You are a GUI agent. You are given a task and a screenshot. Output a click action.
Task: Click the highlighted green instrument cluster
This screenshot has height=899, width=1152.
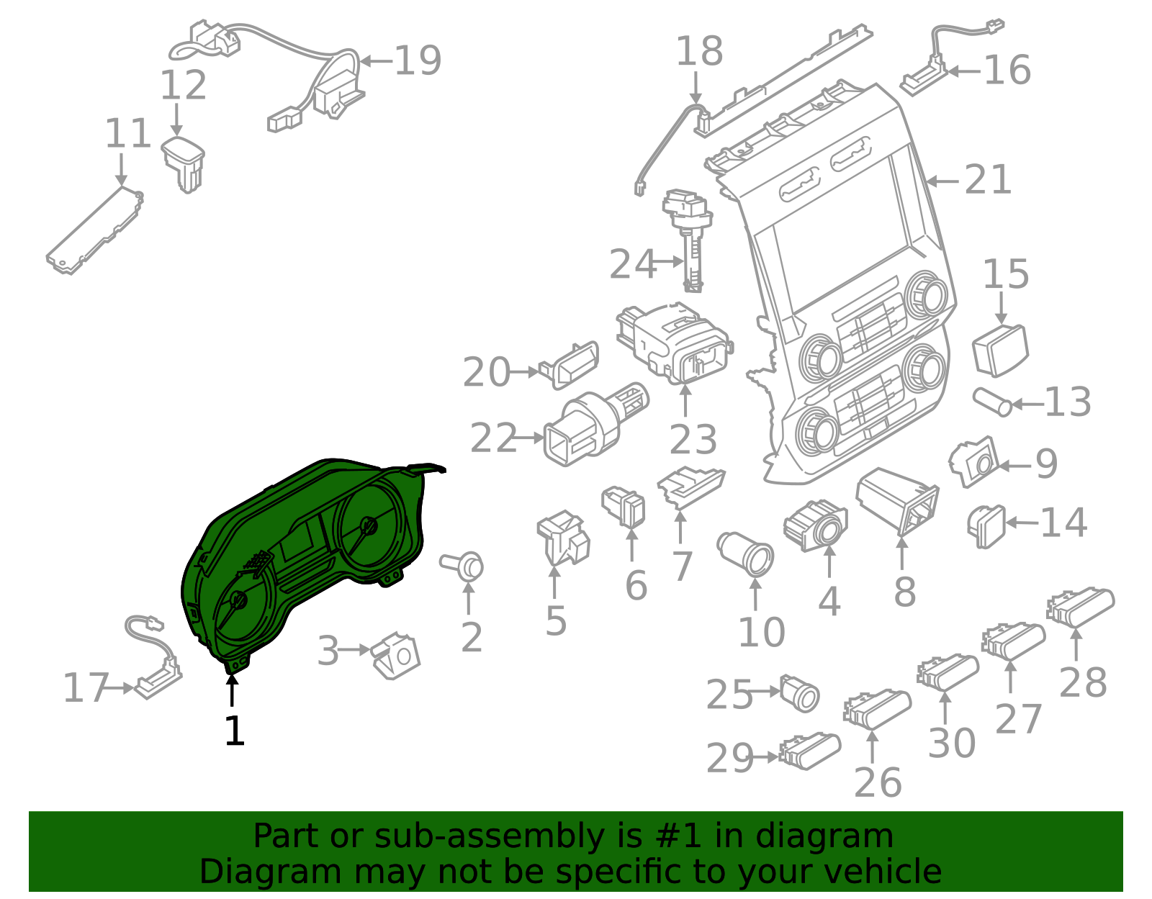[302, 554]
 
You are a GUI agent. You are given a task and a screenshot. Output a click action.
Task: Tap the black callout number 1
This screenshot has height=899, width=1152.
[235, 731]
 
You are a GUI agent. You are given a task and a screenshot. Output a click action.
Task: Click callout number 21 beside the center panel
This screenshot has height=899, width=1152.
[988, 180]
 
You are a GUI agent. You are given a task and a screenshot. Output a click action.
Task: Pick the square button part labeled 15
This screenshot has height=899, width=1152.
[999, 350]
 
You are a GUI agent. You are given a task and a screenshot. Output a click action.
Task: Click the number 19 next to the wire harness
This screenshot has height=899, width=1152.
[418, 60]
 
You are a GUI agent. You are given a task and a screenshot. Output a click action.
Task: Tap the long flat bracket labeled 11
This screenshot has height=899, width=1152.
[94, 230]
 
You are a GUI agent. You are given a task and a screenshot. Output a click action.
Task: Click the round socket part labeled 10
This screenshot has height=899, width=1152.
[747, 554]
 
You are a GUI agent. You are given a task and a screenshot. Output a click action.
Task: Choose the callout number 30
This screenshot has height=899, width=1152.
[951, 743]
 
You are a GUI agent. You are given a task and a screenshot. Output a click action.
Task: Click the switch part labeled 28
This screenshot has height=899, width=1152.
[1080, 606]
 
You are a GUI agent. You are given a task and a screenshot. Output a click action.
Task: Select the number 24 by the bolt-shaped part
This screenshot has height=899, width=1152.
[633, 264]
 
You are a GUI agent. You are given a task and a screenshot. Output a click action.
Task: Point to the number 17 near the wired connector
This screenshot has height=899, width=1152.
[85, 688]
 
